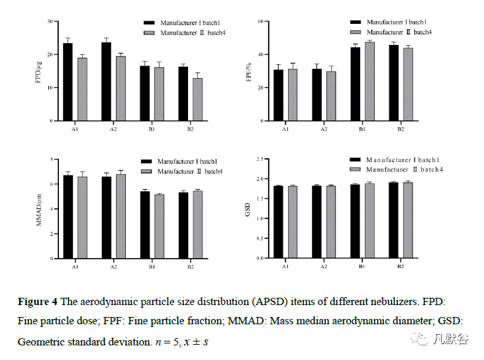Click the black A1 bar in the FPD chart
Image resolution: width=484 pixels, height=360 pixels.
pyautogui.click(x=68, y=83)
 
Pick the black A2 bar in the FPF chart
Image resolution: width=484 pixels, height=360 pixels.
pyautogui.click(x=316, y=95)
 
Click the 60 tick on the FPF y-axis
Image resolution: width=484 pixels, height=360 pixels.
pyautogui.click(x=261, y=21)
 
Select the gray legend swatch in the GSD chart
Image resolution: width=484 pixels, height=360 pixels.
pyautogui.click(x=355, y=170)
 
